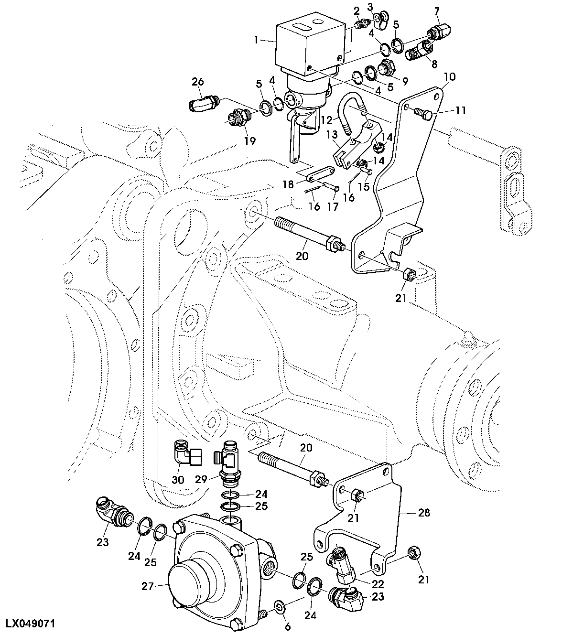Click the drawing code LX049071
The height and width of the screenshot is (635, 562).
point(31,624)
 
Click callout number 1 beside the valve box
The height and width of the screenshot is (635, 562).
point(257,41)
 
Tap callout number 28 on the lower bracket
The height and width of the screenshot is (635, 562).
point(424,513)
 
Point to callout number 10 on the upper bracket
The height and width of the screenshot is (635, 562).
point(450,76)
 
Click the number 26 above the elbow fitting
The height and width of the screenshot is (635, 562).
point(198,82)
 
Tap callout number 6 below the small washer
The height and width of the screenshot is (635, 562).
point(287,625)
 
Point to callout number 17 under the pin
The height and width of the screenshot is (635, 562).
point(333,206)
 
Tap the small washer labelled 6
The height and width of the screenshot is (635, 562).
point(279,608)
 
